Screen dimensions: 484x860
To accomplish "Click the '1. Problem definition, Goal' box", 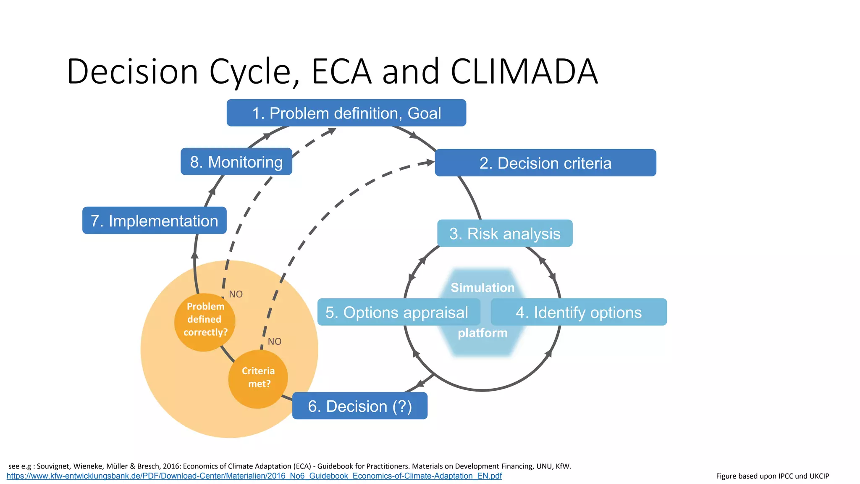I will pos(346,113).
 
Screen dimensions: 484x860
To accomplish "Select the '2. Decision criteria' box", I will pos(545,163).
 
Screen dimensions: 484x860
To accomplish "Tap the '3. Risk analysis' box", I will pos(504,234).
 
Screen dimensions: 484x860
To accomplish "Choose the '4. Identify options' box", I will pos(578,312).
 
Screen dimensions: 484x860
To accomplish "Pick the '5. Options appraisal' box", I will pos(398,312).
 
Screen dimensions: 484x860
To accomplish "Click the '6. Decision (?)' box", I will pos(359,406).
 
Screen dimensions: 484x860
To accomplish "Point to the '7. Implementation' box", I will pos(154,221).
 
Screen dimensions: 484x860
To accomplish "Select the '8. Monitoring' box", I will pos(236,162).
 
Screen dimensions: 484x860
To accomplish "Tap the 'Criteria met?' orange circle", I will pos(258,378).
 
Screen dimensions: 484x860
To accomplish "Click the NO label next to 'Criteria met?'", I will pos(275,342).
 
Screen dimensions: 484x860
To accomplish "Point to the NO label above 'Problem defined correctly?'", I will pos(236,294).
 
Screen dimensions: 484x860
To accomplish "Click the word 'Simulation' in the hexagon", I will pos(482,288).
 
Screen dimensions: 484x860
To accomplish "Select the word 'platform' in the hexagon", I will pos(482,333).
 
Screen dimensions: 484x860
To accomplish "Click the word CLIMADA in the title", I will pos(524,71).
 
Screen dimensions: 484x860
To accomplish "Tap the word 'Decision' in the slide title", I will pos(132,71).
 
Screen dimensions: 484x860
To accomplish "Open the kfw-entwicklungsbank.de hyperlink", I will pos(254,476).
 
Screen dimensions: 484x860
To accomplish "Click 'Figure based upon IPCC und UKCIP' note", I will pos(772,476).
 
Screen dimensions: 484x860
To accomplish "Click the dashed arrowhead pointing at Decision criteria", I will pos(430,162).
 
